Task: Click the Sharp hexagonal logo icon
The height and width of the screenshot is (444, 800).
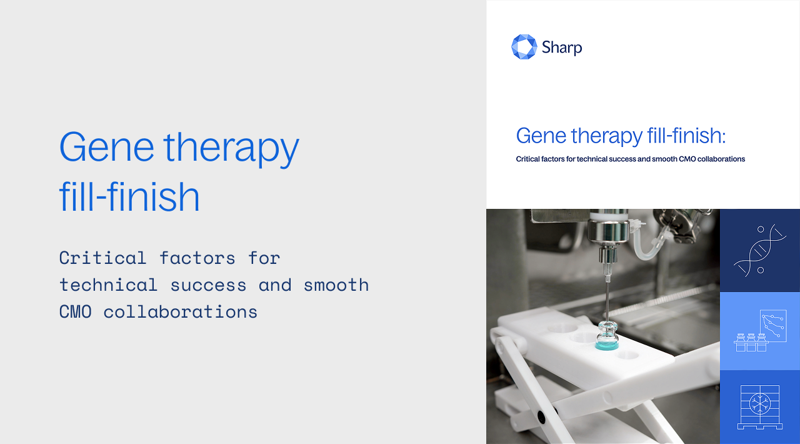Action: click(524, 47)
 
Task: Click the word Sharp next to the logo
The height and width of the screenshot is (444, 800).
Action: click(562, 48)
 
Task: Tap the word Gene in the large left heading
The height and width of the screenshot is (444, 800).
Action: click(107, 147)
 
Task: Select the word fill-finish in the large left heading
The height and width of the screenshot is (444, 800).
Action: click(129, 196)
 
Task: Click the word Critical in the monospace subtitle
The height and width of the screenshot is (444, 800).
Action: click(103, 258)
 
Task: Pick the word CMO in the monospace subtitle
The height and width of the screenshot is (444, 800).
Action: click(76, 311)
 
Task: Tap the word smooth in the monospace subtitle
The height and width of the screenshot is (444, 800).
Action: click(336, 285)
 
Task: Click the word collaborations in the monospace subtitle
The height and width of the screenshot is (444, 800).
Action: click(181, 311)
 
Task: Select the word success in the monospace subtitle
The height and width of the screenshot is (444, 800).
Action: click(208, 285)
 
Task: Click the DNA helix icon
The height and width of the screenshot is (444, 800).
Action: click(759, 250)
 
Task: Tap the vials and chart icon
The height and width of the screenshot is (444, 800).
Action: click(760, 331)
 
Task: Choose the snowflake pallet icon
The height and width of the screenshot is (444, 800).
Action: click(759, 407)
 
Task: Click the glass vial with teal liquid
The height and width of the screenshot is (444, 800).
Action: click(607, 335)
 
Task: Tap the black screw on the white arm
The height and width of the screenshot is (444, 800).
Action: click(541, 416)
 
